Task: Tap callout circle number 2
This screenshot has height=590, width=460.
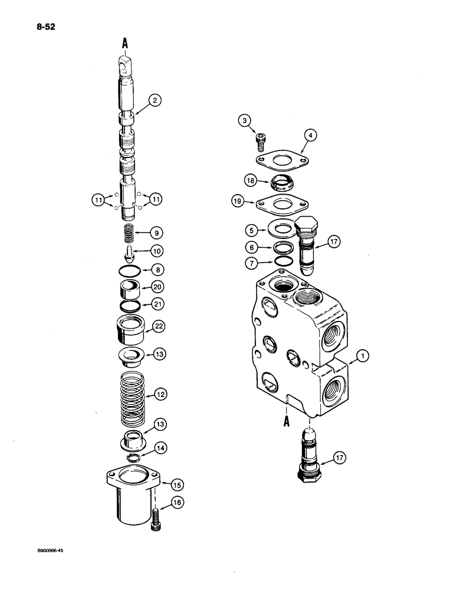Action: point(155,101)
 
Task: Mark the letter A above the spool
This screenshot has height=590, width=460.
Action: point(124,42)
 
